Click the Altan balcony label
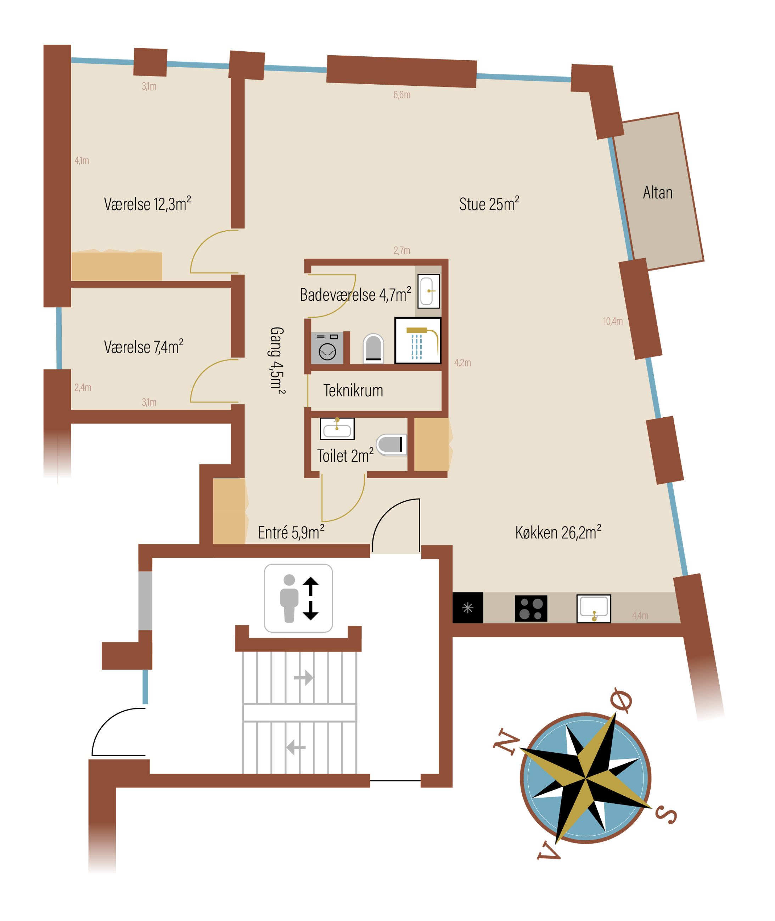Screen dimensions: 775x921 [x=658, y=193]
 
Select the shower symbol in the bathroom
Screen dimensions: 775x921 [x=418, y=341]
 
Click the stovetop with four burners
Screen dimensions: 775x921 [x=531, y=608]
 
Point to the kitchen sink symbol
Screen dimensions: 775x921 [x=594, y=609]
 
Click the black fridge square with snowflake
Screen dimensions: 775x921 [x=468, y=608]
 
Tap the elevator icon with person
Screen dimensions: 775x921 [x=298, y=598]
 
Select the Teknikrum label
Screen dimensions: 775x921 [x=353, y=390]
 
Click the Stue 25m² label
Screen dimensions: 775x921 [x=489, y=204]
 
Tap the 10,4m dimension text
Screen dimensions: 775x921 [x=613, y=322]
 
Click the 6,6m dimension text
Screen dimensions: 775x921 [x=402, y=95]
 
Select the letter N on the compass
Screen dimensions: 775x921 [x=506, y=742]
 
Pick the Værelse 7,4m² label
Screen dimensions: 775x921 [x=144, y=347]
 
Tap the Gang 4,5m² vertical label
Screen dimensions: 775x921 [x=277, y=360]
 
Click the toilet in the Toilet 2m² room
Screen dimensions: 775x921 [x=392, y=445]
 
